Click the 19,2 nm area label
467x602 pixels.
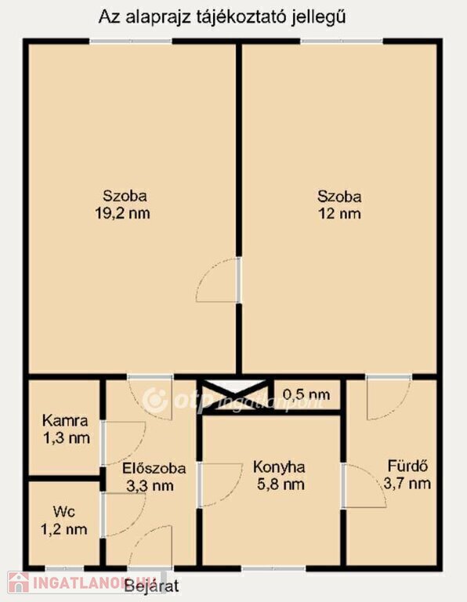(122, 213)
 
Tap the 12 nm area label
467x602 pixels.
(339, 213)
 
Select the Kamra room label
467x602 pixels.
(65, 421)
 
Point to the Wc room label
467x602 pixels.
(64, 512)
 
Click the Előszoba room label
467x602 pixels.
(154, 469)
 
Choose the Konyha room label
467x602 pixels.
(280, 467)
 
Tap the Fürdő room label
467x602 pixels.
(407, 466)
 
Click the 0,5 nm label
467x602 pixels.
(306, 394)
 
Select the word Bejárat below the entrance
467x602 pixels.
(152, 586)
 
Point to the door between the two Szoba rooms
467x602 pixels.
(219, 281)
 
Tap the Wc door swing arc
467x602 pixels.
(124, 515)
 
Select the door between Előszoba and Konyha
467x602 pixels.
(220, 484)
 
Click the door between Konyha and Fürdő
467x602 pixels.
(364, 486)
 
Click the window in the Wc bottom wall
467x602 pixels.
(65, 568)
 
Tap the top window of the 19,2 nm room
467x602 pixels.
(131, 41)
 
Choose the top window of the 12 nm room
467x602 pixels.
(342, 41)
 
